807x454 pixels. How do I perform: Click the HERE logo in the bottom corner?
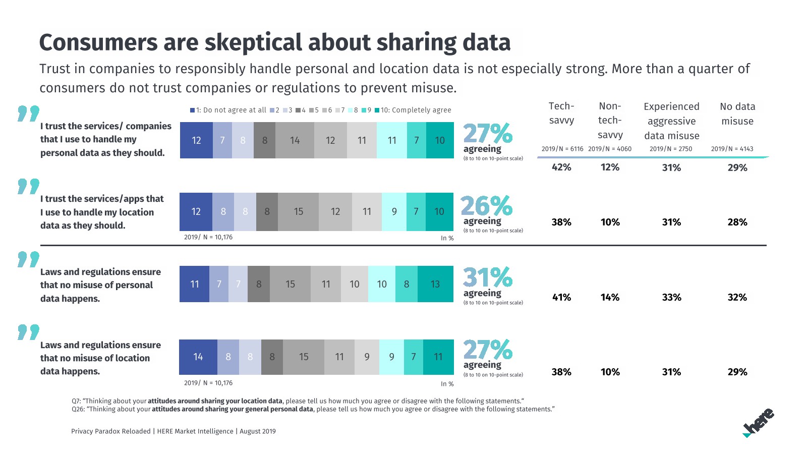[x=759, y=423]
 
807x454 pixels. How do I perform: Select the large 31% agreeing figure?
[x=487, y=278]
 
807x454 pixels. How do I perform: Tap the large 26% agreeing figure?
[x=486, y=206]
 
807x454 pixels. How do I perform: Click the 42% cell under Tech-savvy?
[x=561, y=167]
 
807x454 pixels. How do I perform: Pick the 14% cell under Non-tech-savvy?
[x=610, y=298]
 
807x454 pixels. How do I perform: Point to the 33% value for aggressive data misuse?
[x=671, y=298]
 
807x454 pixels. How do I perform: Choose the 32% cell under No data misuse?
[x=737, y=298]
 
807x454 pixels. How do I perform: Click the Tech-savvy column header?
[x=561, y=113]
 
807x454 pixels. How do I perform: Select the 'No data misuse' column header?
[x=737, y=113]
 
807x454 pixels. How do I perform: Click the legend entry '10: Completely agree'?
[x=413, y=110]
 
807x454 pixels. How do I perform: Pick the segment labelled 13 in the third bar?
[x=435, y=284]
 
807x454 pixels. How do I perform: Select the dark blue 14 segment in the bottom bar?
[x=198, y=357]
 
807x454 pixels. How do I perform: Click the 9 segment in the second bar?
[x=394, y=212]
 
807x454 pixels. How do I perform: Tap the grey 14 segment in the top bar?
[x=295, y=140]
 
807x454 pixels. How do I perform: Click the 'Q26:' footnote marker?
[x=78, y=409]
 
